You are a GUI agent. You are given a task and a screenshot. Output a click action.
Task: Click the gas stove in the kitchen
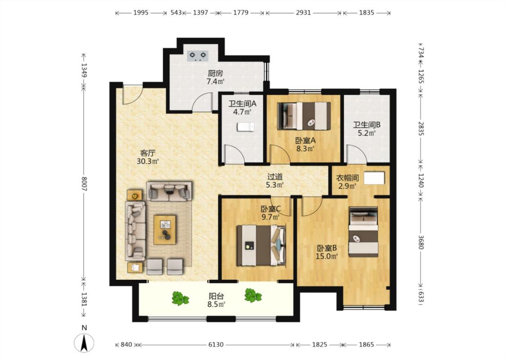tap(197, 55)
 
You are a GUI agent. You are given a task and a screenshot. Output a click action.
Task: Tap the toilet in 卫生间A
tap(246, 127)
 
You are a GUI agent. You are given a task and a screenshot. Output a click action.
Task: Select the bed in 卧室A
tap(304, 116)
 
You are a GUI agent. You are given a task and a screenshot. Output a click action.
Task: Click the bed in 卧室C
tap(261, 245)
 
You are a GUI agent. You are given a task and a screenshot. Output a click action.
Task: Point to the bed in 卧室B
tap(363, 232)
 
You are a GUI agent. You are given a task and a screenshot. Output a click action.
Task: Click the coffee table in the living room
tap(165, 229)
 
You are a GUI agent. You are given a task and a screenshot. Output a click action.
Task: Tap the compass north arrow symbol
tap(84, 343)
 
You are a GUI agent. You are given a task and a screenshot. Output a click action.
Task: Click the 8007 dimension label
tap(84, 184)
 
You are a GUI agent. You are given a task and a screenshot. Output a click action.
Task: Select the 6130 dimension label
tap(216, 345)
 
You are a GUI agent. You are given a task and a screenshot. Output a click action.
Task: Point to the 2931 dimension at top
tap(303, 13)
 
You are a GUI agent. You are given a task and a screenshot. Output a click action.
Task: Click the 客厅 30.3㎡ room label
tap(148, 157)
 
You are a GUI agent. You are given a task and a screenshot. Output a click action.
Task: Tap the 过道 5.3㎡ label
tap(275, 181)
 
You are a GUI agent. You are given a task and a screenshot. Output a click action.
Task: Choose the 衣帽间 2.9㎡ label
tap(347, 182)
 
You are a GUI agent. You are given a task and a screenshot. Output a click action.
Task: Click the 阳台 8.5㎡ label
tap(216, 300)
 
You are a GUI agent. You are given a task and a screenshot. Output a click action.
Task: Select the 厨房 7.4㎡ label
tap(215, 77)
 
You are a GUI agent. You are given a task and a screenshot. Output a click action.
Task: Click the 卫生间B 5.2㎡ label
tap(367, 129)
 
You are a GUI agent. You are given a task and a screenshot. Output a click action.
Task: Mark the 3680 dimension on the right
tap(421, 242)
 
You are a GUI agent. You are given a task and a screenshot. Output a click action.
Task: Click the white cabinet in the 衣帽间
tap(374, 178)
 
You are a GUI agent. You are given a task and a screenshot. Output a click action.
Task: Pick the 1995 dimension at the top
tap(141, 13)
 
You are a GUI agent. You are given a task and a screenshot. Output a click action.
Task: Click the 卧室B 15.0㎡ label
tap(327, 252)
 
